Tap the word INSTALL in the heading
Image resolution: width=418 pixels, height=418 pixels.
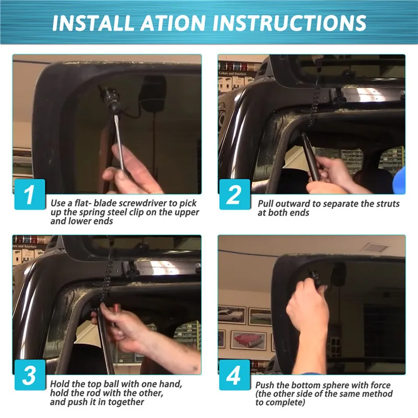coord(92,22)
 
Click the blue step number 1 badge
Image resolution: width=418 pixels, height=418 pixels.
coord(30,194)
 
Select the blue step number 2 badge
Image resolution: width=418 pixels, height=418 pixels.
coord(235,194)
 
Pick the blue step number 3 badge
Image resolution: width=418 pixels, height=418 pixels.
coord(30,375)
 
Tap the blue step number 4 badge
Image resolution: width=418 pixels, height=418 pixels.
coord(235,375)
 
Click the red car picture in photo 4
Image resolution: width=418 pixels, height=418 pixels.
coord(248,341)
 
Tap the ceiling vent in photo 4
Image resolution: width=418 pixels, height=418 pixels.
coord(376,248)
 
